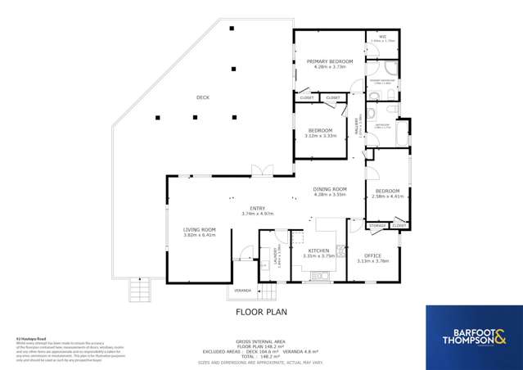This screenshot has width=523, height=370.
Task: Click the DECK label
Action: (202, 97)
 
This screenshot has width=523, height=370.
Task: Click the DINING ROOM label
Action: (330, 189)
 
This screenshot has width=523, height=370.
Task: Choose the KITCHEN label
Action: (318, 250)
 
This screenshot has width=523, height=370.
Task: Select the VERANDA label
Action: (242, 291)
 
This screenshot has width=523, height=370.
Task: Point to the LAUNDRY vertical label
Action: (277, 257)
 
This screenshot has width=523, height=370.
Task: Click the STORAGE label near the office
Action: (376, 225)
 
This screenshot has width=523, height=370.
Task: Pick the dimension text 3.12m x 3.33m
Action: (320, 136)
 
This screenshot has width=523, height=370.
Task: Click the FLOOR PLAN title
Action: (261, 312)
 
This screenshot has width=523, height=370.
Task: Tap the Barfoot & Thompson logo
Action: (473, 336)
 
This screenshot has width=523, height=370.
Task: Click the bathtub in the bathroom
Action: (400, 135)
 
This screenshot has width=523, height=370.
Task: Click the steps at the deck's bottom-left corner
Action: (140, 288)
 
